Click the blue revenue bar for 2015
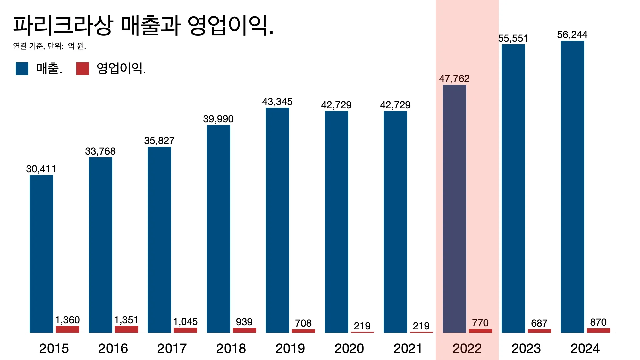tap(41, 253)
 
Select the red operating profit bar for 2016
tap(126, 329)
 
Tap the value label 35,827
tap(159, 141)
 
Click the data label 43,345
tap(277, 102)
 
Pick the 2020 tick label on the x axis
tap(349, 349)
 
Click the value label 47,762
tap(454, 79)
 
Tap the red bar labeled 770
tap(480, 331)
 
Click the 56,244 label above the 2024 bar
tap(572, 35)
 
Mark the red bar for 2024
tap(598, 330)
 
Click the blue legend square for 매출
tap(22, 69)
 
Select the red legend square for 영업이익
tap(83, 69)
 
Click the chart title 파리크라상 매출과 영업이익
tap(143, 25)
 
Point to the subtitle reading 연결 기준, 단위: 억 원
tap(50, 46)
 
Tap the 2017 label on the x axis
tap(172, 349)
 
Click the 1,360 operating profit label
tap(67, 320)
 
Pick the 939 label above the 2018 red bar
tap(244, 322)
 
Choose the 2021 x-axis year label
tap(408, 349)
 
